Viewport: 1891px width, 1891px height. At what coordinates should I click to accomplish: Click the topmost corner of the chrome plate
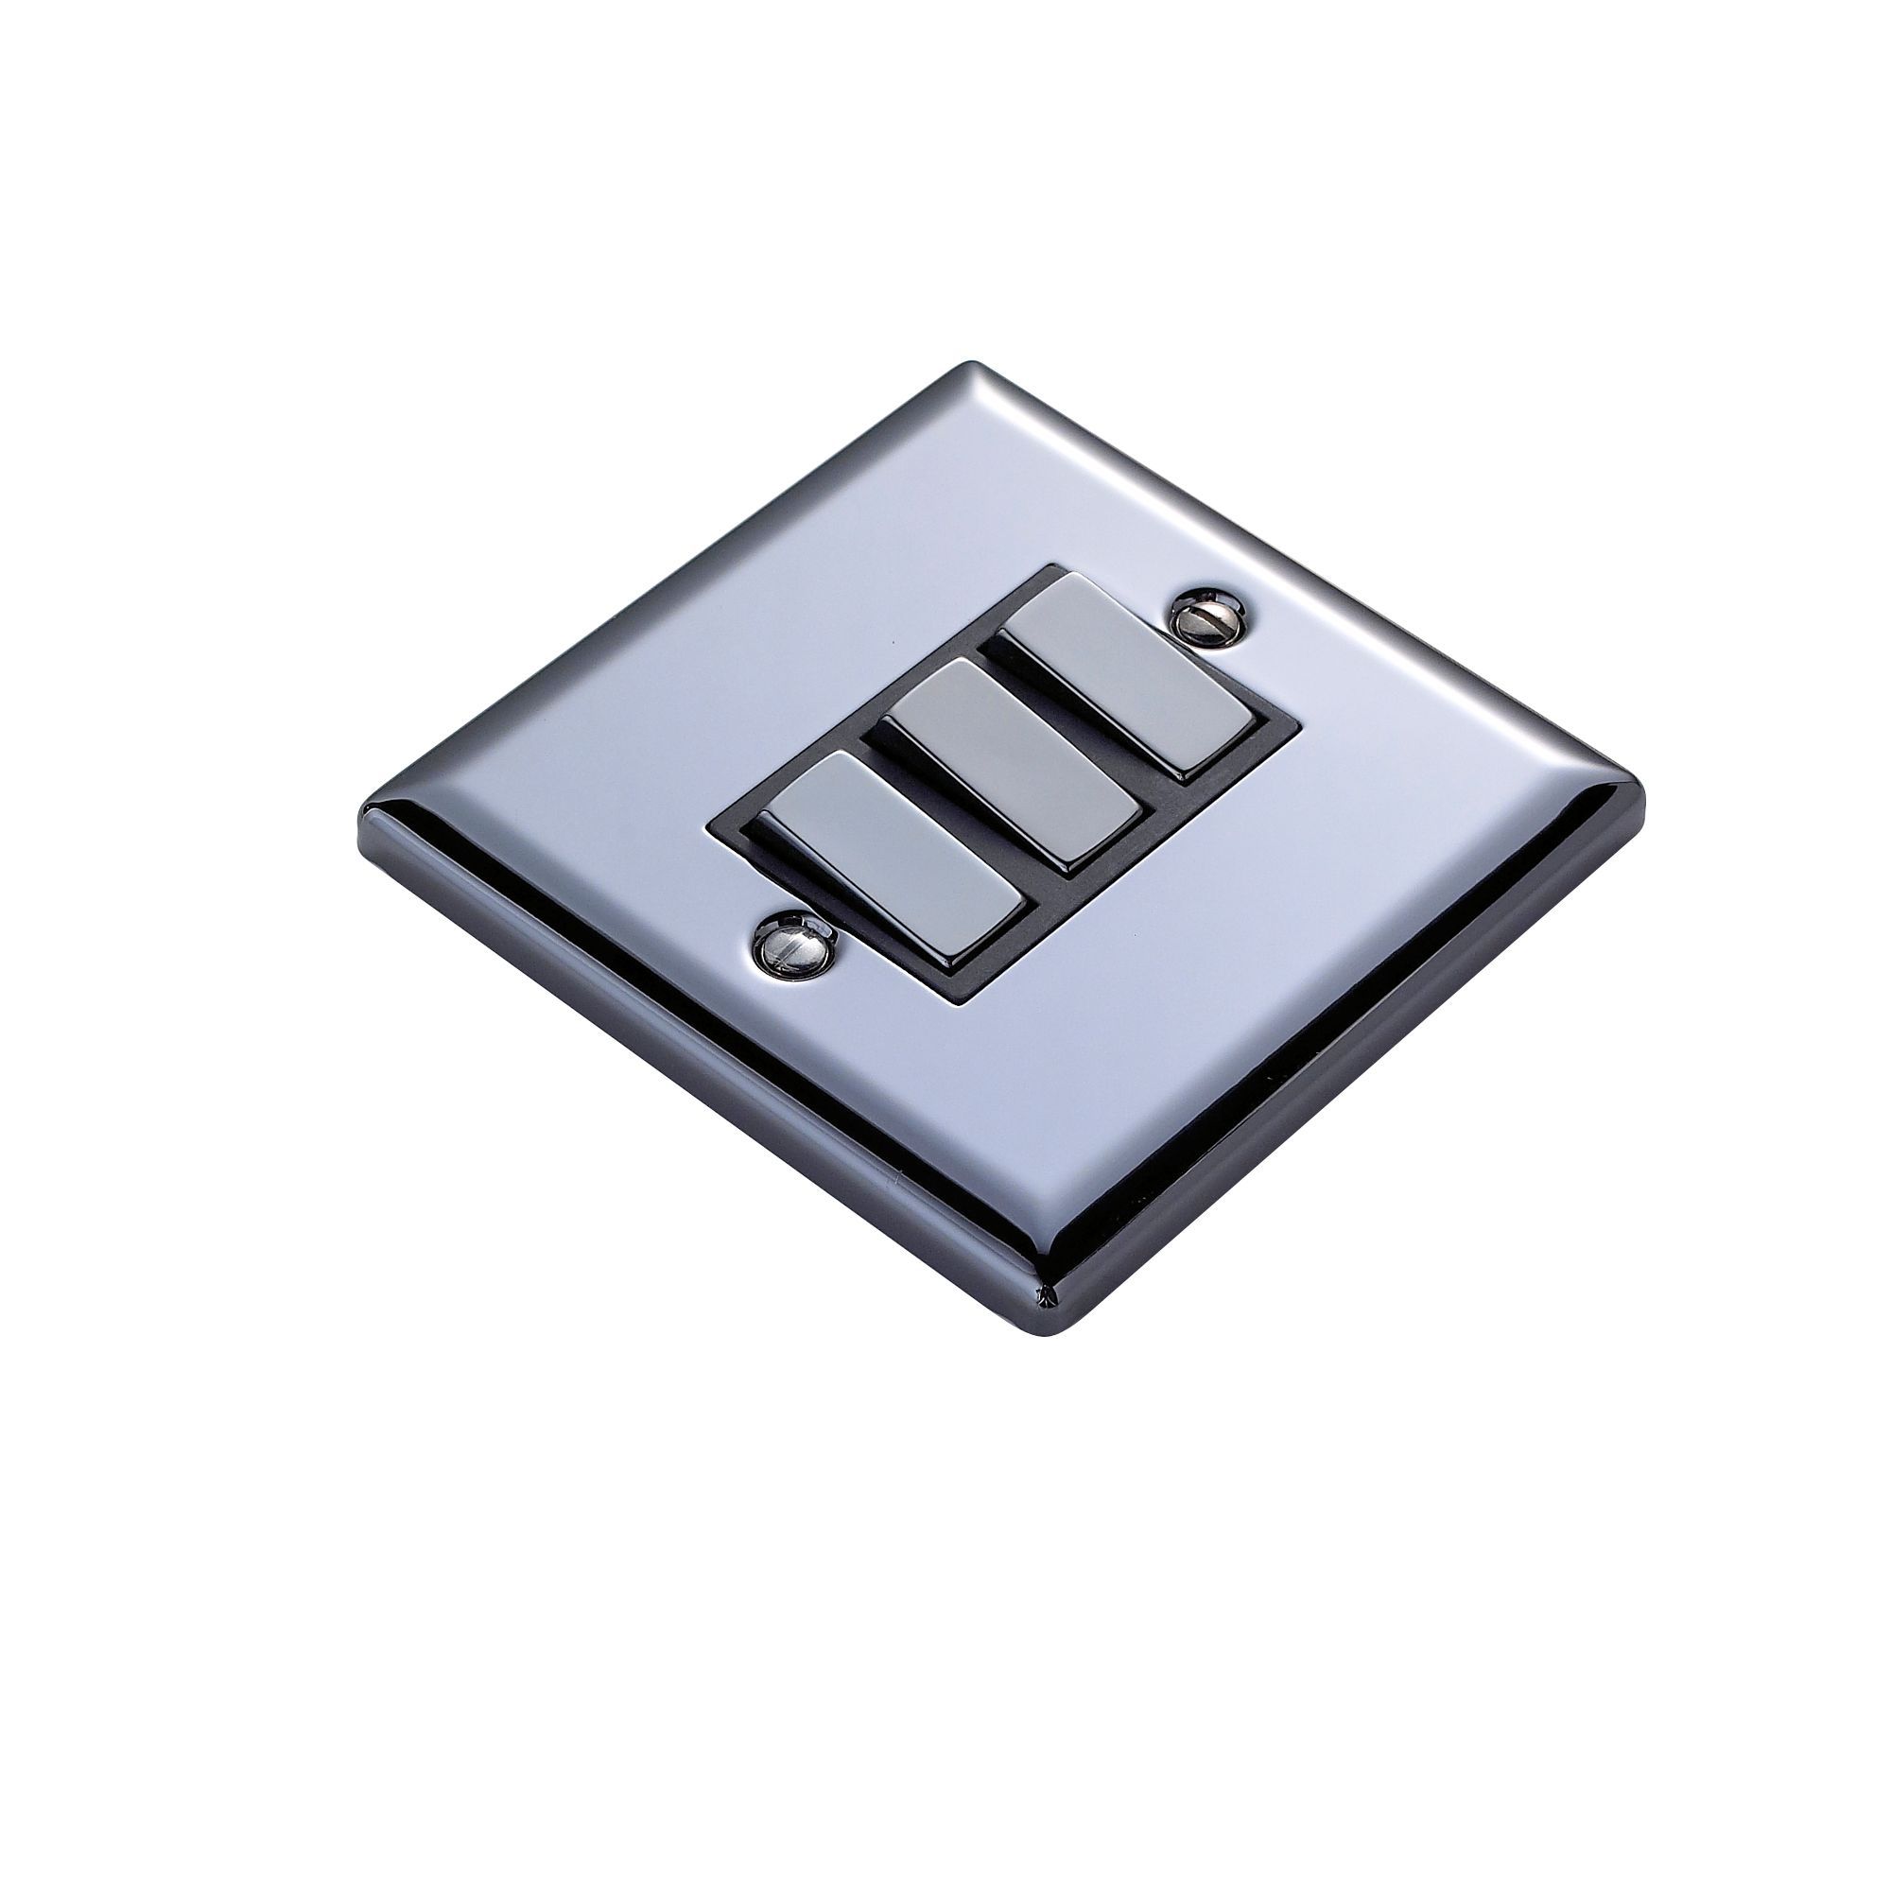[x=969, y=367]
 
